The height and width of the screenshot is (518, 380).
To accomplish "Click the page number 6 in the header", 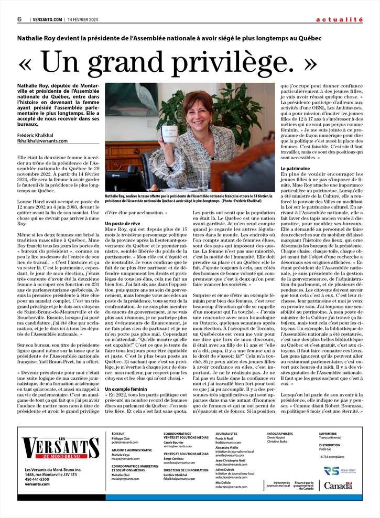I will click(19, 19).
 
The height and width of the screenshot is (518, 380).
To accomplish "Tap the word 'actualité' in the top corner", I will click(339, 19).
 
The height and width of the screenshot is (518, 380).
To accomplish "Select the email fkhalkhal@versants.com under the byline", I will click(42, 141).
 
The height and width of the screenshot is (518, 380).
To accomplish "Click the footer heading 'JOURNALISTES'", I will click(226, 434).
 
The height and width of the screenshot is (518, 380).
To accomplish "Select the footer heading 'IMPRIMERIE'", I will click(328, 434).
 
